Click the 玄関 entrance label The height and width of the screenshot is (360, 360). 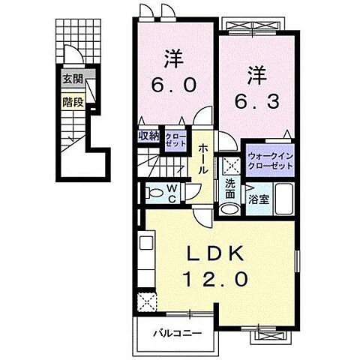[x=72, y=79]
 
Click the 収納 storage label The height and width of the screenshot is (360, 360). [x=148, y=136]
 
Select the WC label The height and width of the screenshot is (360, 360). [x=172, y=194]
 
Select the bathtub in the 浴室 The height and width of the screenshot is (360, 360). [x=282, y=200]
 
